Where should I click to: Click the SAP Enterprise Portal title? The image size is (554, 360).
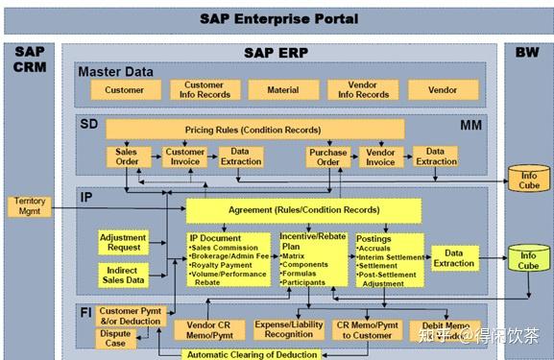(279, 17)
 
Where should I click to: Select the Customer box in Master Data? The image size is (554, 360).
(125, 89)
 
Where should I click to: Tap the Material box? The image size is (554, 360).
(283, 89)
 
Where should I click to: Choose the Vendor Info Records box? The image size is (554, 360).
(364, 89)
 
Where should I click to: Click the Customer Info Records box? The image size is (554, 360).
(204, 89)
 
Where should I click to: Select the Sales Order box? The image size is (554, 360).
(127, 156)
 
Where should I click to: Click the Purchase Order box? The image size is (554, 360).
(328, 156)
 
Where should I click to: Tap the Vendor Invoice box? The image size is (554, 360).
(380, 156)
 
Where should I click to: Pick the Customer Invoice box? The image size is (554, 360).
(185, 156)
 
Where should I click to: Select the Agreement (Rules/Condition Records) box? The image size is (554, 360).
(302, 209)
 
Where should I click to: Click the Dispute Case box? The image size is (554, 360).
(115, 337)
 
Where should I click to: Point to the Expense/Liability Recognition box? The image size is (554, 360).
(290, 330)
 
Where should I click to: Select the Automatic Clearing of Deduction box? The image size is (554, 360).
(253, 354)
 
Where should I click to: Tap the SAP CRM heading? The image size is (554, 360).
(29, 59)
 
